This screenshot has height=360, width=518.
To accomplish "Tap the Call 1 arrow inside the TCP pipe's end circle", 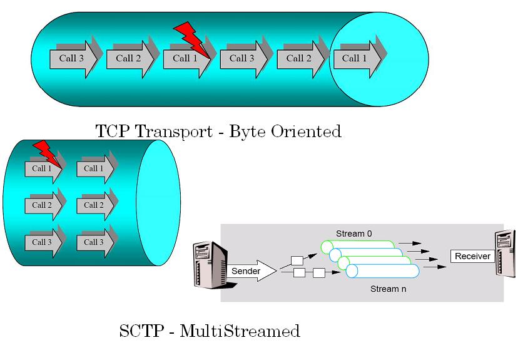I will point(357,59).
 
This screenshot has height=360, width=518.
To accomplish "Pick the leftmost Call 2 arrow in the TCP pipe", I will point(131,59).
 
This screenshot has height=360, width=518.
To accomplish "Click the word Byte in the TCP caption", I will point(248,131).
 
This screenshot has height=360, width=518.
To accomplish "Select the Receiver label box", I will point(472,256).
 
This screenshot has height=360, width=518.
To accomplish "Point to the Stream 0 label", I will point(353,234).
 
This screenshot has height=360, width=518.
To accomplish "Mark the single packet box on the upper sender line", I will point(297,260).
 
